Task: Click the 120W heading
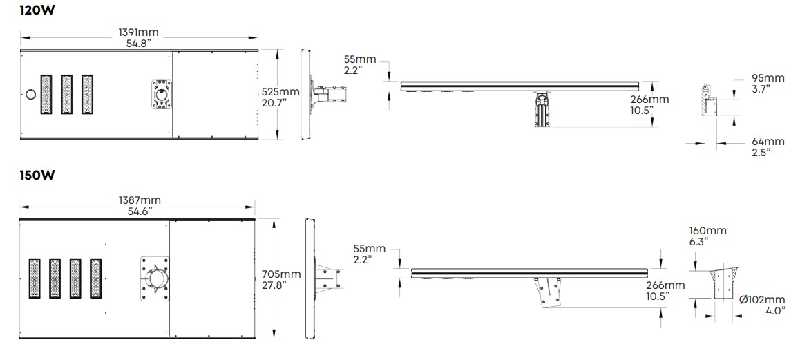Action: point(37,10)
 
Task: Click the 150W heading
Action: point(37,176)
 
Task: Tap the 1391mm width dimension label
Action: point(139,32)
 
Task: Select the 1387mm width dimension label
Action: point(140,200)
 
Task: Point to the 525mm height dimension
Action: point(280,92)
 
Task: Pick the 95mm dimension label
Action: point(768,78)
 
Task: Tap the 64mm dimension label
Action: point(768,142)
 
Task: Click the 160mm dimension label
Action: point(707,231)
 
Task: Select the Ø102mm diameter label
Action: point(761,300)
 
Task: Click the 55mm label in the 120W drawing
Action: point(360,60)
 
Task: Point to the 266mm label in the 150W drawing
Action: point(665,285)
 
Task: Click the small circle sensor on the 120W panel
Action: point(30,94)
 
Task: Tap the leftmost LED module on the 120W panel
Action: point(46,95)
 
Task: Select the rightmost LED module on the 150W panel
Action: point(96,278)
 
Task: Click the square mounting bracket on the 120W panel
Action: point(162,94)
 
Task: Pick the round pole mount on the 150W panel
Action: point(155,278)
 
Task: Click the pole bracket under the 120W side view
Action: point(543,109)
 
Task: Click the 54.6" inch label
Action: point(140,211)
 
